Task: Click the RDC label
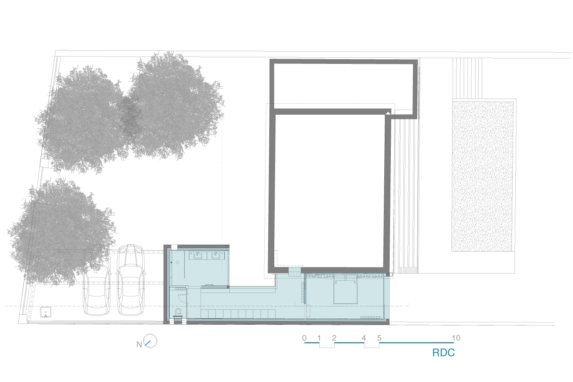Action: point(443,353)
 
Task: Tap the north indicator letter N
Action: point(139,345)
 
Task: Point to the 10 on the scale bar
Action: point(456,338)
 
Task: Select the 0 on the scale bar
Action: point(304,338)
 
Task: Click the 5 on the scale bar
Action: point(379,338)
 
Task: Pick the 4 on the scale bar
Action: point(364,338)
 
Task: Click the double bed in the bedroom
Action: point(345,291)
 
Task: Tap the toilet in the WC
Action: point(178,313)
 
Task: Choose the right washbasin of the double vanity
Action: point(216,255)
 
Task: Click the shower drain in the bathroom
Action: point(178,262)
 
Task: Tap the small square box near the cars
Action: point(45,312)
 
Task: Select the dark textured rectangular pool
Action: point(482,176)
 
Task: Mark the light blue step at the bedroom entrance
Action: point(295,272)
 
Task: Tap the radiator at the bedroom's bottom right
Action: point(371,317)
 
